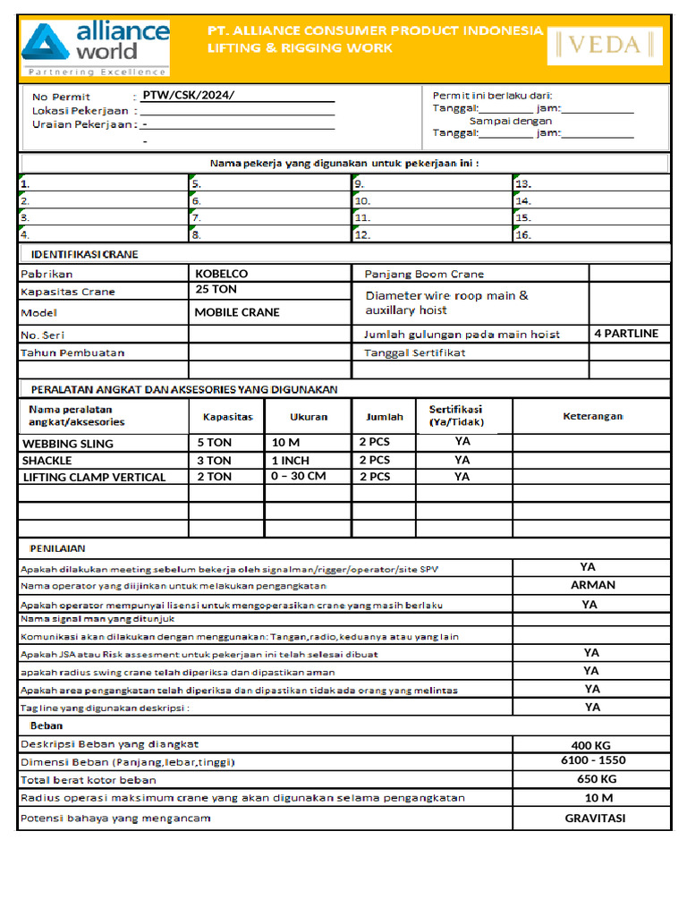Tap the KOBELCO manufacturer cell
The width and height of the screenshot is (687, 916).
221,274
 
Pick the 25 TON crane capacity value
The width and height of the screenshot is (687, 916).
216,290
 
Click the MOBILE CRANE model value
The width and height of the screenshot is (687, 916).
237,312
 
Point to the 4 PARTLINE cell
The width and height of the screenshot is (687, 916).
625,334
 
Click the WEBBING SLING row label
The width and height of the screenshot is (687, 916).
68,444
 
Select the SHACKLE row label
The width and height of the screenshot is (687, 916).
47,461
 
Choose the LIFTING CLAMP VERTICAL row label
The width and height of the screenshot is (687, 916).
94,478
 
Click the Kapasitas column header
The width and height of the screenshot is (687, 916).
227,417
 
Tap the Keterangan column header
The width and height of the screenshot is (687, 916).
592,417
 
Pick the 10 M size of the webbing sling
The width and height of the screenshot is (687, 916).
285,443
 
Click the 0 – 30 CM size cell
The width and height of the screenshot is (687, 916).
298,477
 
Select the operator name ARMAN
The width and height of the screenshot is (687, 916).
592,585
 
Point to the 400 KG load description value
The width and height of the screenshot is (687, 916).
590,745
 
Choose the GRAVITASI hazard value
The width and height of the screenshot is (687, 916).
594,818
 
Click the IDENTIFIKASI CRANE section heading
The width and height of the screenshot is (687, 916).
79,254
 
